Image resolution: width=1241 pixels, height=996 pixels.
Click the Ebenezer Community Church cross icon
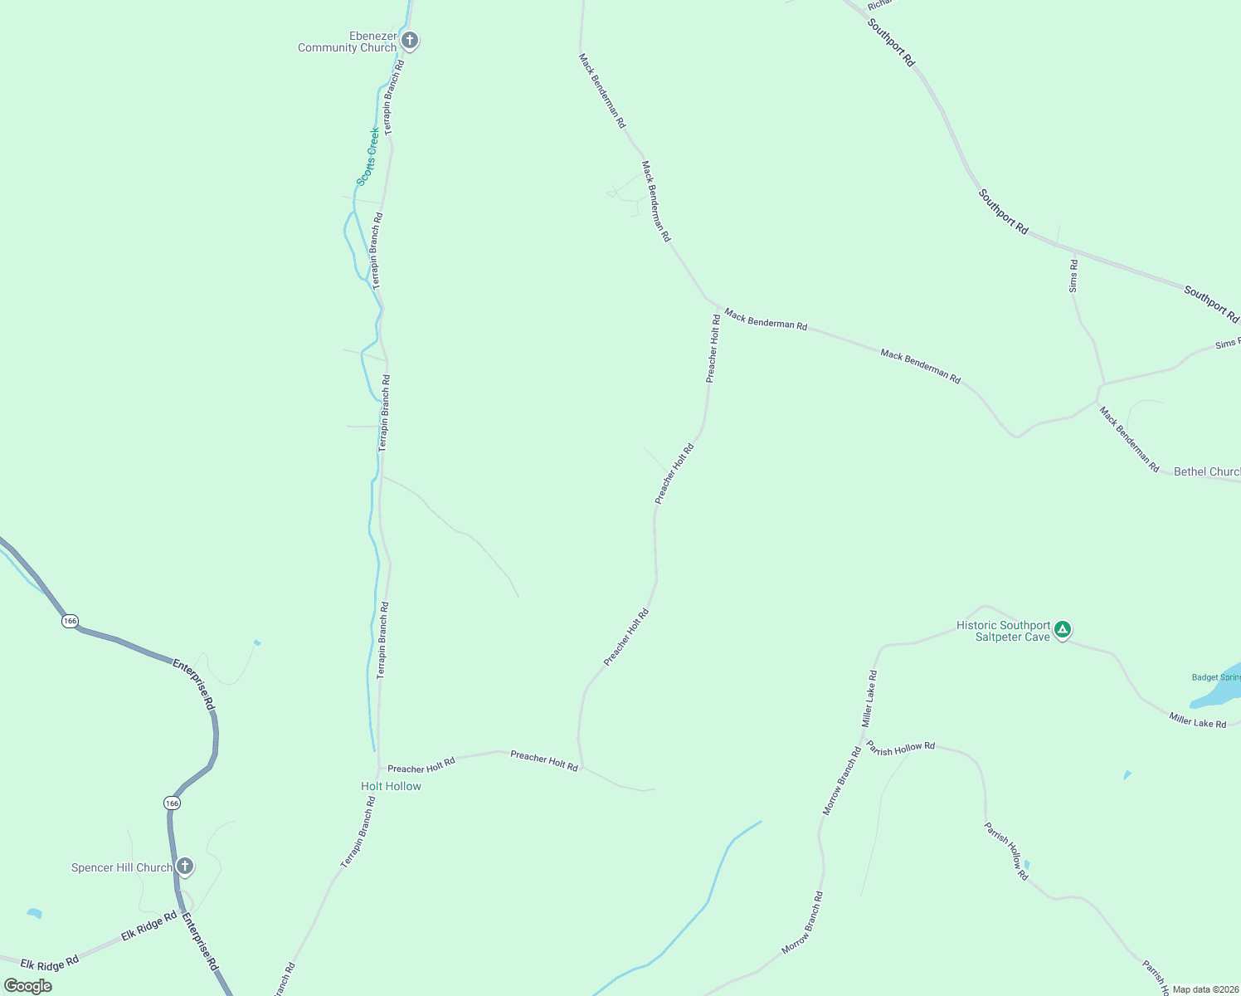coord(409,40)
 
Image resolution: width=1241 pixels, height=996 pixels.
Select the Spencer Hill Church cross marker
coord(185,867)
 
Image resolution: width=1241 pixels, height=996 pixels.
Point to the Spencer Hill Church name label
coord(122,868)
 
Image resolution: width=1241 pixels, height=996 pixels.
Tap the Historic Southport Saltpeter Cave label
coord(1004,632)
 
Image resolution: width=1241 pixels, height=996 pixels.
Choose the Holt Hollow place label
coord(391,786)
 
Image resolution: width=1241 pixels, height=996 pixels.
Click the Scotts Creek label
coord(368,156)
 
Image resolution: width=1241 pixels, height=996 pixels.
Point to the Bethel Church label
coord(1207,471)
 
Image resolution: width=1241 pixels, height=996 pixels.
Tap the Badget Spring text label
coord(1216,677)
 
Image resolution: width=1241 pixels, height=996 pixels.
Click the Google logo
coord(27,986)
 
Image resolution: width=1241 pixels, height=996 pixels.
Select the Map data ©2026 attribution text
coord(1206,989)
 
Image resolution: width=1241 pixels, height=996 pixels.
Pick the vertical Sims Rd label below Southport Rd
coord(1073,276)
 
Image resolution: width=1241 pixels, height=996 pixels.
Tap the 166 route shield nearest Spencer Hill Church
coord(172,803)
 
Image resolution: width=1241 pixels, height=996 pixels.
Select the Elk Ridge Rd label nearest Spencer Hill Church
coord(149,925)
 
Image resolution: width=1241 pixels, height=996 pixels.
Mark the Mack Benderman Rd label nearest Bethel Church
coord(1129,439)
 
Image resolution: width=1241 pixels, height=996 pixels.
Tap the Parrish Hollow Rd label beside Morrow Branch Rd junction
coord(901,749)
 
